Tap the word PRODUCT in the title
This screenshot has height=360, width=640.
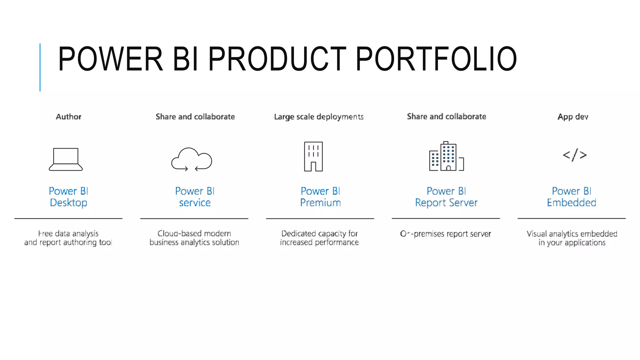(277, 59)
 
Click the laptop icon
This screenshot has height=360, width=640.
(66, 159)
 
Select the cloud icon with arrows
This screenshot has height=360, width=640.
(192, 159)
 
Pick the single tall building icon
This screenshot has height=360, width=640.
(313, 157)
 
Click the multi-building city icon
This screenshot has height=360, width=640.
(446, 157)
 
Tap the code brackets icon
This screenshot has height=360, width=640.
(574, 155)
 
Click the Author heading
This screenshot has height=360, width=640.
(68, 117)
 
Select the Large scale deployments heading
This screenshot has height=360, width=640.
(319, 117)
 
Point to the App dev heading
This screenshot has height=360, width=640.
(573, 117)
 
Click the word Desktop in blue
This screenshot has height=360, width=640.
(68, 203)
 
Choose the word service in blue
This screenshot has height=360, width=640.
(195, 203)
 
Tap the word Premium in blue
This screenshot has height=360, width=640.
(320, 203)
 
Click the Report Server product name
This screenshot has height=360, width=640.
(446, 203)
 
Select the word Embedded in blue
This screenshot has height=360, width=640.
(571, 203)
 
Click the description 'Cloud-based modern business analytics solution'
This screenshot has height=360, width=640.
(194, 238)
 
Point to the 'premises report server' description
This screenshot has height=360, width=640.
(452, 234)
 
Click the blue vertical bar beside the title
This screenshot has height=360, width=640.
(40, 67)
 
